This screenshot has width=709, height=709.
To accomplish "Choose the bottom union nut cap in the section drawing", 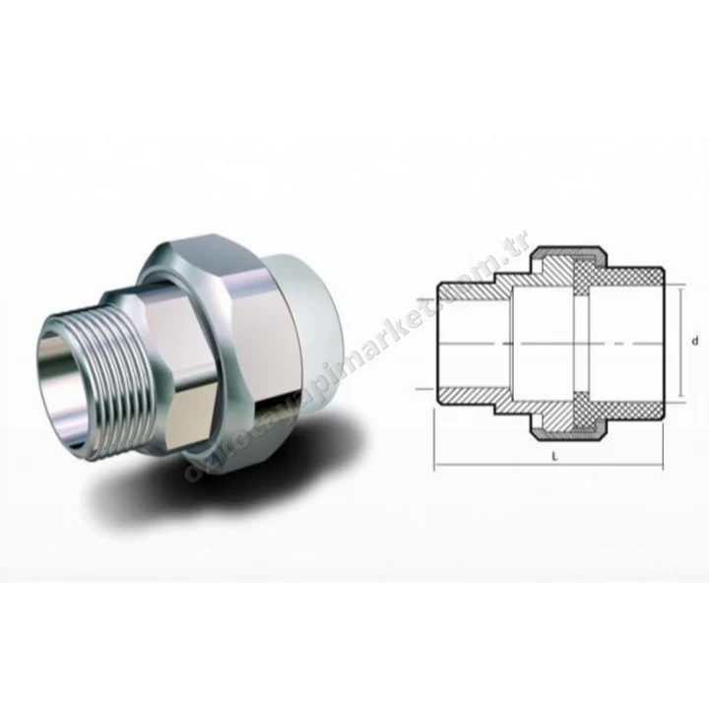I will [x=566, y=429].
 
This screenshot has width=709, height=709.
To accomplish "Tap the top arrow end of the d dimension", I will [x=678, y=288].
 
